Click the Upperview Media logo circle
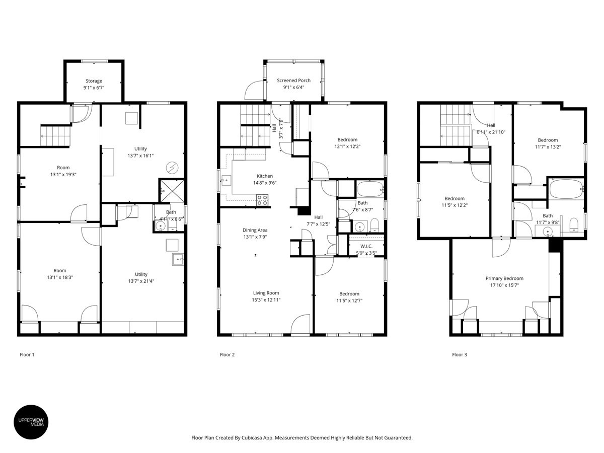(x=34, y=421)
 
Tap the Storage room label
(x=94, y=81)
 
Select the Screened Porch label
(x=293, y=81)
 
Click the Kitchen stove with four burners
(x=263, y=200)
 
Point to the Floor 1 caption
(x=27, y=355)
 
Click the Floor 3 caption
(x=459, y=355)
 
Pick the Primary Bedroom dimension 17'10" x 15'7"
(x=504, y=285)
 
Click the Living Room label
(x=266, y=293)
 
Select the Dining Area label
(x=256, y=230)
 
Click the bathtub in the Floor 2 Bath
(x=369, y=190)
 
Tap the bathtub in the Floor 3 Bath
(x=566, y=190)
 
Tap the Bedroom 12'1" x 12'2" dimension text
(x=347, y=146)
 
